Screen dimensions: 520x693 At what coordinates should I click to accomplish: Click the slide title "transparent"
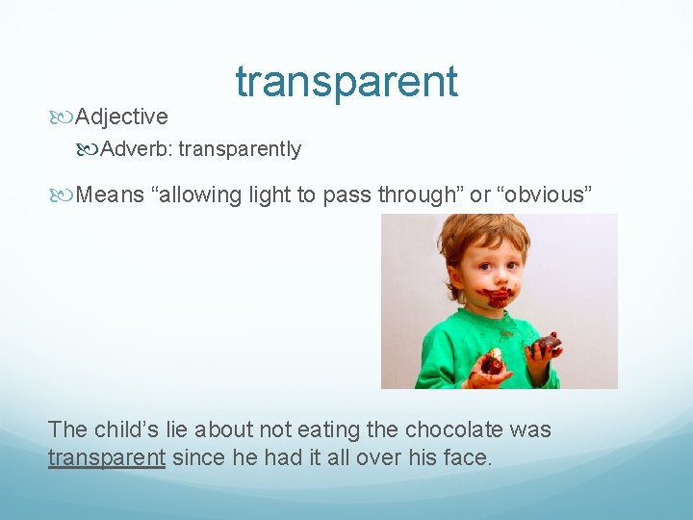[346, 82]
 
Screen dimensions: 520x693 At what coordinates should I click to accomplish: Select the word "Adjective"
[121, 117]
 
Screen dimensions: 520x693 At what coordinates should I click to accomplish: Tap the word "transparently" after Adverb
[240, 149]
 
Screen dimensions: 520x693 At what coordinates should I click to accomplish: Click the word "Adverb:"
[137, 149]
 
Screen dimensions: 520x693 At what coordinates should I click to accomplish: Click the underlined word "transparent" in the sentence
[107, 457]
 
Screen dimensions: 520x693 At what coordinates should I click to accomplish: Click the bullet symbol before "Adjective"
[64, 117]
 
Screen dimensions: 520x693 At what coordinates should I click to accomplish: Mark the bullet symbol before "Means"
[64, 195]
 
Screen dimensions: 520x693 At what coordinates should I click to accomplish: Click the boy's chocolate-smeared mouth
[498, 294]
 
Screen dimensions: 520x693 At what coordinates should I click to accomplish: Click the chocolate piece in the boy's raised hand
[548, 343]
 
